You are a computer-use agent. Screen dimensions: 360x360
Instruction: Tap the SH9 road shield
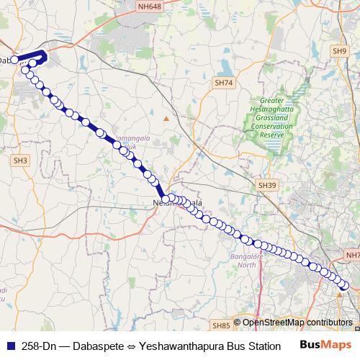pyautogui.click(x=340, y=50)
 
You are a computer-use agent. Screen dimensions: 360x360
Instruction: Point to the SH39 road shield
pyautogui.click(x=267, y=186)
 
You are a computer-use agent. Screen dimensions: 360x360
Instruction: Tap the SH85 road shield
pyautogui.click(x=221, y=325)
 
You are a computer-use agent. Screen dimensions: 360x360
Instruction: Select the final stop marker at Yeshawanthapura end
pyautogui.click(x=345, y=286)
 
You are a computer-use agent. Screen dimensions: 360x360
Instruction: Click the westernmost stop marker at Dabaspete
pyautogui.click(x=14, y=60)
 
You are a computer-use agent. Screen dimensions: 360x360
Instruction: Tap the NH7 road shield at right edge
pyautogui.click(x=353, y=255)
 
